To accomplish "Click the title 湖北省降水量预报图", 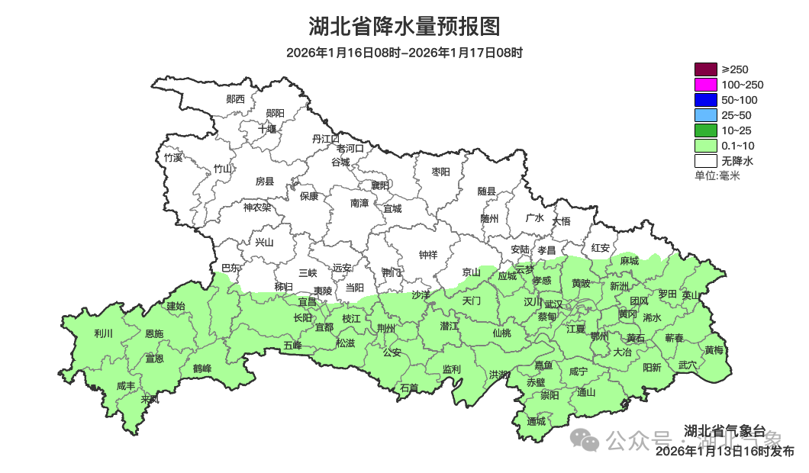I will tap(404, 27).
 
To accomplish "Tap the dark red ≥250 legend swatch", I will tap(705, 69).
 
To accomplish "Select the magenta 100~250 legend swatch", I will tap(705, 85).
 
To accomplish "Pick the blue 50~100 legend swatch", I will tap(705, 100).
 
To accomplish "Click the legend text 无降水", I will tap(737, 161).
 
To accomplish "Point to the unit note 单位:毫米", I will tap(717, 175).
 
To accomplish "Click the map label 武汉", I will tap(553, 304).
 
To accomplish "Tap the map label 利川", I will tap(103, 333).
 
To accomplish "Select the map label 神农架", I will tap(257, 207).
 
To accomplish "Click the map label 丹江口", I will tap(326, 139).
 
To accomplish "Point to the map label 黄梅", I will tap(714, 350).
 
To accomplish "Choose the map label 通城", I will tap(537, 421).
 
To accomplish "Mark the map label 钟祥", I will tap(428, 255).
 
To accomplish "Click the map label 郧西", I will tap(236, 99).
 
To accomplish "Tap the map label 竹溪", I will tap(173, 158).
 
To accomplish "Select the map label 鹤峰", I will tap(202, 368).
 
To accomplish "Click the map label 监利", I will tap(451, 369).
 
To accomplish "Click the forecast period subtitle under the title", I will tap(404, 53).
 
